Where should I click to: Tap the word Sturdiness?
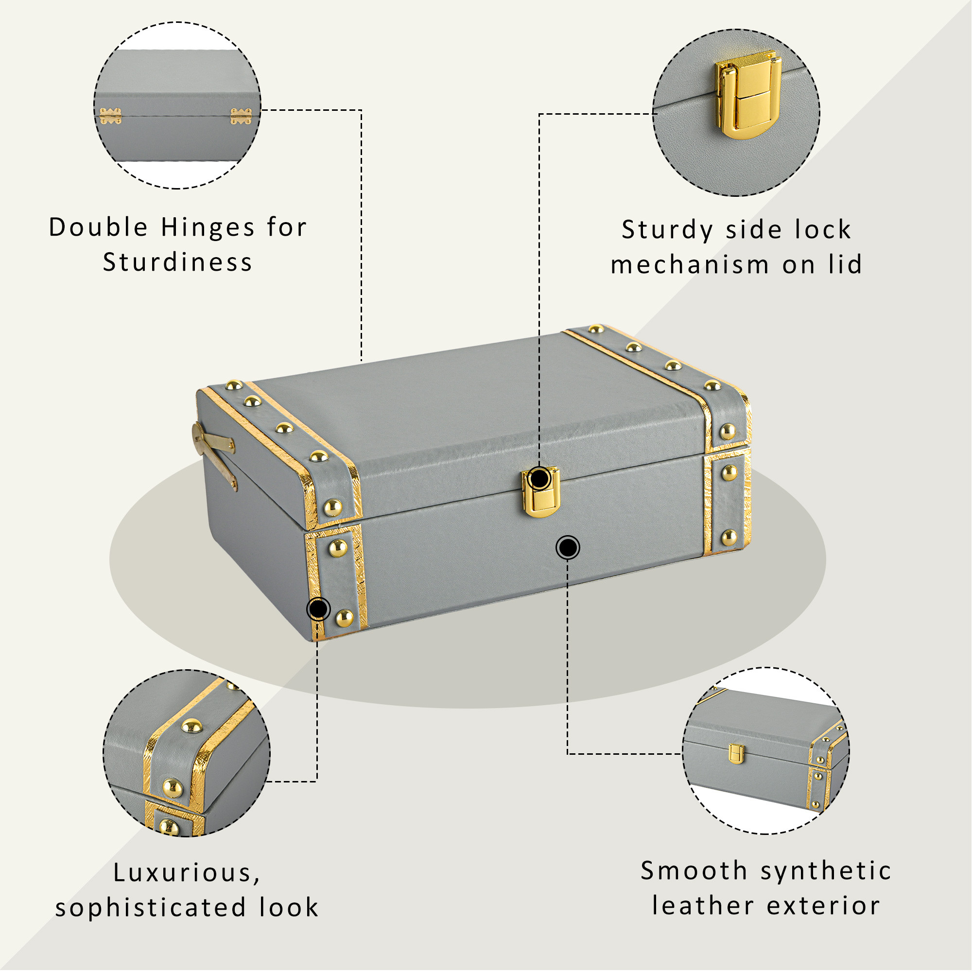[x=177, y=262]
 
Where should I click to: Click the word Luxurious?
[x=187, y=872]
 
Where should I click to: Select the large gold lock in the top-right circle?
[x=748, y=95]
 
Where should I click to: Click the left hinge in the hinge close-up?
[x=110, y=116]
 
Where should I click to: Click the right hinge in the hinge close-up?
[x=241, y=116]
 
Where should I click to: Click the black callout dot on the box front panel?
[x=568, y=547]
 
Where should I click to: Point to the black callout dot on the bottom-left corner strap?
[x=318, y=610]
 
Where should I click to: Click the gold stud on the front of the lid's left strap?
[x=332, y=508]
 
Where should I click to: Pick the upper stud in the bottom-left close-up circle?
[x=191, y=726]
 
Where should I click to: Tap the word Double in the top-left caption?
[x=98, y=228]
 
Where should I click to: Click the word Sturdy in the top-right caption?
[x=667, y=230]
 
